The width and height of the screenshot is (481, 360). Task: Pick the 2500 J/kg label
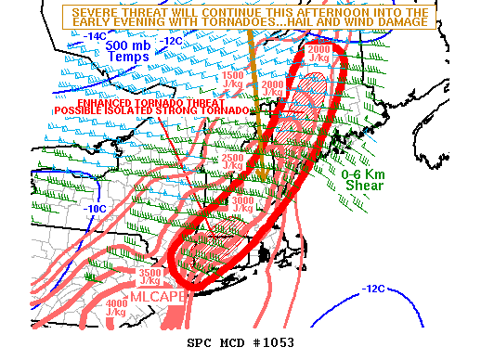click(235, 162)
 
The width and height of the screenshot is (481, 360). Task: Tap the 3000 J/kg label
click(243, 203)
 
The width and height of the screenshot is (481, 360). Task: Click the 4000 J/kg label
click(117, 307)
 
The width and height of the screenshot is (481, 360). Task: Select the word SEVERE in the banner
click(97, 11)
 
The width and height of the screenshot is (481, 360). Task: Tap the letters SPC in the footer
click(201, 342)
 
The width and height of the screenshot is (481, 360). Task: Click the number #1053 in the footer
click(273, 342)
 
